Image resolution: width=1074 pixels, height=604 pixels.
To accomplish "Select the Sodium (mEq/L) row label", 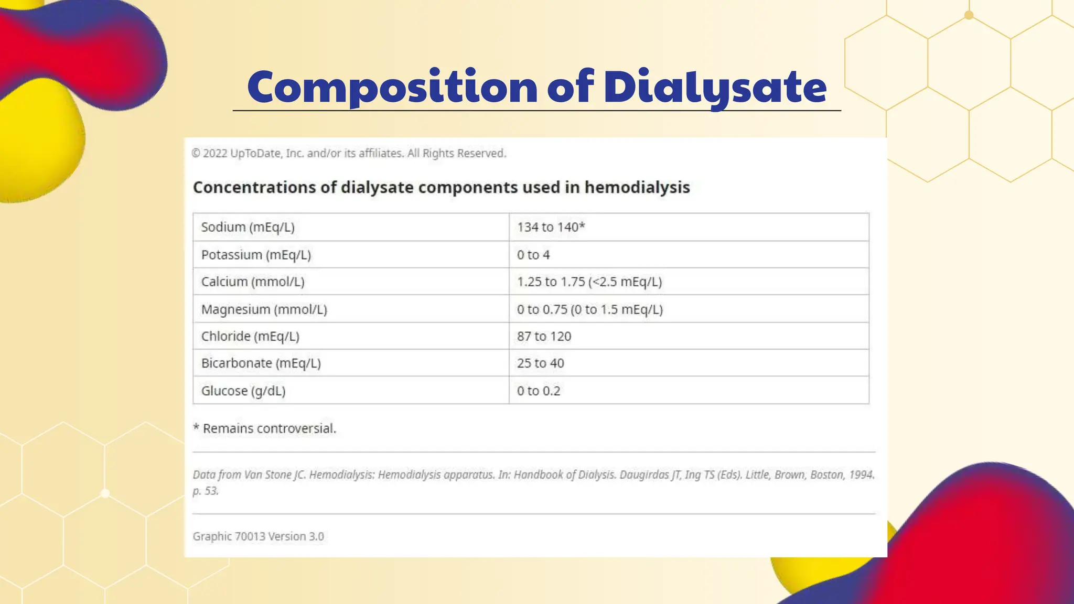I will (x=248, y=227).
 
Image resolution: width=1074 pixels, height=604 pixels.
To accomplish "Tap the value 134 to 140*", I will (x=551, y=227).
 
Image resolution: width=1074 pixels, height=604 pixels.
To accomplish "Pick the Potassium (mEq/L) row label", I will (x=256, y=255).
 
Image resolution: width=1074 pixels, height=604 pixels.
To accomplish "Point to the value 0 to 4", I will (x=533, y=255).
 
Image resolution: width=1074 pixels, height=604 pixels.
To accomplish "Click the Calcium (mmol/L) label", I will (x=253, y=282).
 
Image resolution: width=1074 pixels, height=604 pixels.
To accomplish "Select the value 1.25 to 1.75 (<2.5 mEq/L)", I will (x=589, y=282).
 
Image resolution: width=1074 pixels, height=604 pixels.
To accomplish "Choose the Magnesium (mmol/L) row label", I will (x=264, y=309).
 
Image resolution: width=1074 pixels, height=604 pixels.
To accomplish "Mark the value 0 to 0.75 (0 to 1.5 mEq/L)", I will (x=590, y=309).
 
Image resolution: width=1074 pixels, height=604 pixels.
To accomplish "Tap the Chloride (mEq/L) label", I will (x=250, y=336).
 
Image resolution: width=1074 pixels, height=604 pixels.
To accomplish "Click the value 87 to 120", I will (x=544, y=336).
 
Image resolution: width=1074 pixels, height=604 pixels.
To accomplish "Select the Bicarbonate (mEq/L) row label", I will (x=261, y=363).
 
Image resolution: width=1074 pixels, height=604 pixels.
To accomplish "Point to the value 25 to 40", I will (x=540, y=363).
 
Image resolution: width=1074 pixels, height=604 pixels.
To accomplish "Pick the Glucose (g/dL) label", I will (x=243, y=391).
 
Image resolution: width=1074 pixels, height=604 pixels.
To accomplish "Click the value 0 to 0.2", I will (x=539, y=391).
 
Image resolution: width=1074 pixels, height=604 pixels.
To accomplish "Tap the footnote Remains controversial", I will (x=269, y=428).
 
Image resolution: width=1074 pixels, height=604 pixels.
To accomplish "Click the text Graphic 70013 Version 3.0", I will (x=258, y=536).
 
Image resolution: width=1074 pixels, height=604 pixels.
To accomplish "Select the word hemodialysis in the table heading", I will (x=637, y=187).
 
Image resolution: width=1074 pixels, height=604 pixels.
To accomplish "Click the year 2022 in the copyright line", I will (x=215, y=153).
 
